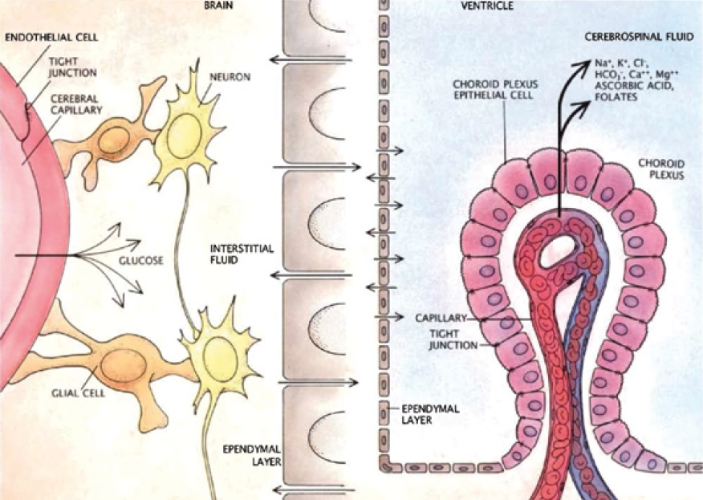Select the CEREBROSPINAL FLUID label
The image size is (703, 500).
click(x=634, y=39)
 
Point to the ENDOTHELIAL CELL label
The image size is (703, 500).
click(x=42, y=37)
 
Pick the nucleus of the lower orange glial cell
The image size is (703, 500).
click(x=122, y=364)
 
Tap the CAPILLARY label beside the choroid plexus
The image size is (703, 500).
click(x=440, y=318)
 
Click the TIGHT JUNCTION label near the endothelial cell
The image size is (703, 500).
click(x=72, y=66)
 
